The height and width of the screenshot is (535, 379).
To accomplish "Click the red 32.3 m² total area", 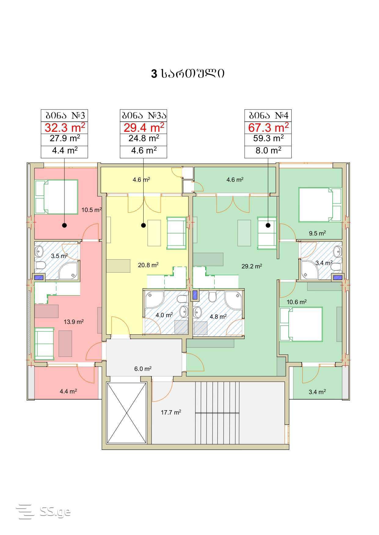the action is (65, 127).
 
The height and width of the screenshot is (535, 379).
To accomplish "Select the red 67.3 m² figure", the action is (268, 127).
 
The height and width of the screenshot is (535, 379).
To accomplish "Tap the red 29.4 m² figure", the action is (144, 127).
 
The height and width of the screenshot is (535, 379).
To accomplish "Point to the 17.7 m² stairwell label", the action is (171, 412).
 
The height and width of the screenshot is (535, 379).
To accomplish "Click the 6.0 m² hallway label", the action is (143, 369).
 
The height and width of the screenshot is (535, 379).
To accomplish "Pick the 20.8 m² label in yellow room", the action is (148, 265).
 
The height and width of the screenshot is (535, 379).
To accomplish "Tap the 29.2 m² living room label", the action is (252, 266).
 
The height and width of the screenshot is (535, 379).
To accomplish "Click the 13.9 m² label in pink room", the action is (74, 321).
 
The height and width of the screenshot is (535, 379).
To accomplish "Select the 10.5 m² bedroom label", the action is (91, 210).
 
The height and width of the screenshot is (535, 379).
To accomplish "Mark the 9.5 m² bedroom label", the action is (317, 233).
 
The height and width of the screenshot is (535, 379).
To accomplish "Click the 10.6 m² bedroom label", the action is (297, 302).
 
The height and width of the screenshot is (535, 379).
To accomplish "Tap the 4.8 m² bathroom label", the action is (218, 317).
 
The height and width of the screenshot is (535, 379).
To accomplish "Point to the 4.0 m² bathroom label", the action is (164, 315).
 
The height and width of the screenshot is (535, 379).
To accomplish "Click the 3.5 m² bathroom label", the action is (59, 256).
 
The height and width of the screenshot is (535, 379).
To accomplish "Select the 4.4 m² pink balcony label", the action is (68, 391).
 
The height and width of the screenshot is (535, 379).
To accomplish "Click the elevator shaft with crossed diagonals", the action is (127, 413).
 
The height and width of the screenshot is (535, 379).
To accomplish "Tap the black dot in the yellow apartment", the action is (144, 225).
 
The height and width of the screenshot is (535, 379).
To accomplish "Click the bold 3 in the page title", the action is (154, 74).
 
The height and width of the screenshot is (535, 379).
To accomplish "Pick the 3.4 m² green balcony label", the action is (317, 392).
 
